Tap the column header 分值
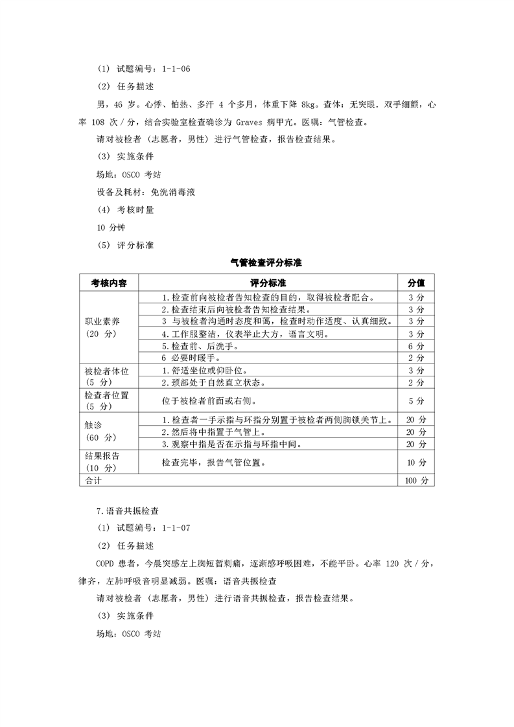click(x=415, y=283)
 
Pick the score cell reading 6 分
click(x=415, y=346)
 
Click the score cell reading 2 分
click(x=415, y=358)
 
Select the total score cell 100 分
click(x=415, y=481)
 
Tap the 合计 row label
click(x=94, y=481)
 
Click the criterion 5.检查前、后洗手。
click(x=194, y=346)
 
